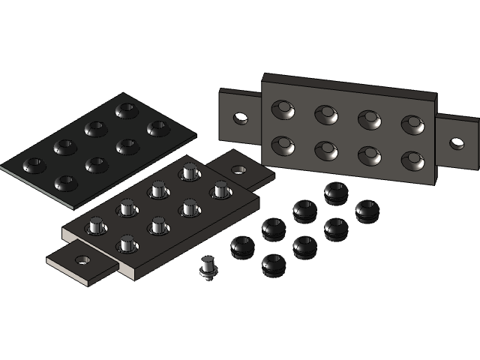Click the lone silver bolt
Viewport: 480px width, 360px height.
coord(208,267)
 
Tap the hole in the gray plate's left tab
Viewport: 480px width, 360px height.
coord(240,118)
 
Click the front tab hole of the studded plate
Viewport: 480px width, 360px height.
coord(82,260)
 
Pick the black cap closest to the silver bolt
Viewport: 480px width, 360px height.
coord(242,245)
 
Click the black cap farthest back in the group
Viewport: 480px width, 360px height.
coord(336,191)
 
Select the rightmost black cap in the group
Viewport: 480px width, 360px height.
coord(367,210)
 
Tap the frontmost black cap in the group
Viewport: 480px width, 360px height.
coord(273,263)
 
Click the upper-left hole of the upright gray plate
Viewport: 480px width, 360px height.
coord(283,109)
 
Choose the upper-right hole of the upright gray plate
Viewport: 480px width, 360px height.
coord(412,124)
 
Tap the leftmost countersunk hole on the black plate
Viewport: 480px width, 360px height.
coord(34,163)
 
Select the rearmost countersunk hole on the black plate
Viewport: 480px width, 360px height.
coord(125,110)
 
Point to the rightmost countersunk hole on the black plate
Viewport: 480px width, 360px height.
coord(157,128)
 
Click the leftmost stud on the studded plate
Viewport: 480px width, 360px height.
coord(95,223)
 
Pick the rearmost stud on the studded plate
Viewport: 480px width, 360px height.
coord(188,172)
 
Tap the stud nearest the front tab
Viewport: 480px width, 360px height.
coord(127,243)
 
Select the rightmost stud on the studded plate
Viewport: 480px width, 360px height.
coord(220,190)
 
